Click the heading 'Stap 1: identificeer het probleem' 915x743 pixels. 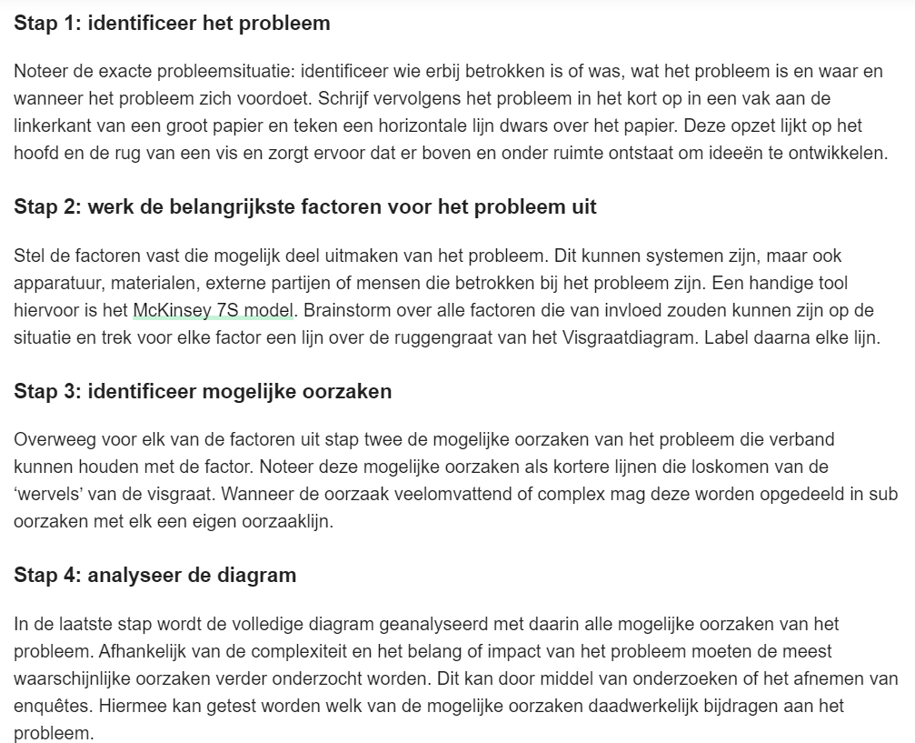point(172,24)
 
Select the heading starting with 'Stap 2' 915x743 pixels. point(305,206)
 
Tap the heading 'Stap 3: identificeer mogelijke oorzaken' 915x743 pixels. point(203,391)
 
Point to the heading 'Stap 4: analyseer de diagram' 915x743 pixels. point(154,575)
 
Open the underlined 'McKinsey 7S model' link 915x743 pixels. point(213,310)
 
